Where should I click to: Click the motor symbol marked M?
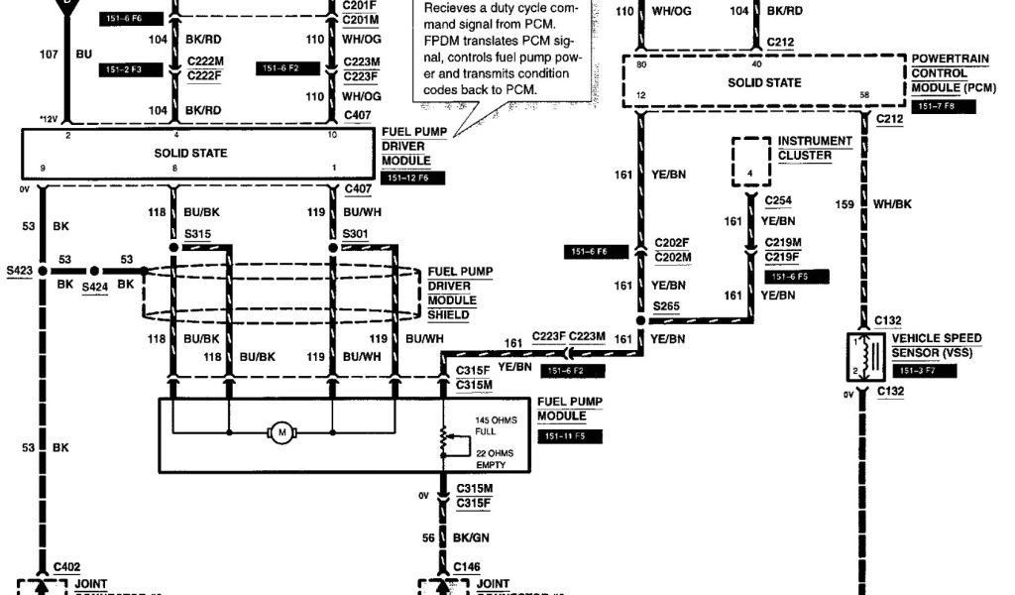282,432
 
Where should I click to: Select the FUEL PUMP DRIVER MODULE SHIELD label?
459,294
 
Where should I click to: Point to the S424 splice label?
95,288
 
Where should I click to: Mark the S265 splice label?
667,306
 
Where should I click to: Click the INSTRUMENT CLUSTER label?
815,148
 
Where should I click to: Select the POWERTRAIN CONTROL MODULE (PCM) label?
950,79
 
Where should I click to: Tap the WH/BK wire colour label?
893,205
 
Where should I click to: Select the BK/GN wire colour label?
472,536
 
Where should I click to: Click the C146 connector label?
467,566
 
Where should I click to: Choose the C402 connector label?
66,566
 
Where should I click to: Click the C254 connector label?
778,200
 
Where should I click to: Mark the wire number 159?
844,205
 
